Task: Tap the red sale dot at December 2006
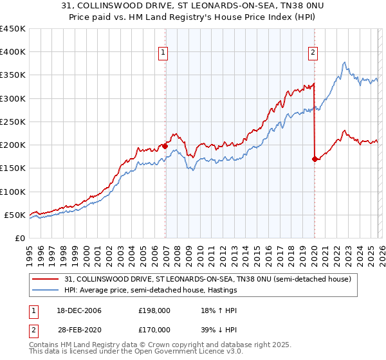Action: (165, 146)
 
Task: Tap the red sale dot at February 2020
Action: (315, 159)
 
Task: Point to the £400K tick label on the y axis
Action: (12, 53)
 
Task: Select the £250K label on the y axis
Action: (12, 122)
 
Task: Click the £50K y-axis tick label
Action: (15, 215)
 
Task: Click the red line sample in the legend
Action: (46, 279)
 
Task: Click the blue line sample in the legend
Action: (46, 291)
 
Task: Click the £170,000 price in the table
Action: (154, 330)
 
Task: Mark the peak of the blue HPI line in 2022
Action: (345, 62)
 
